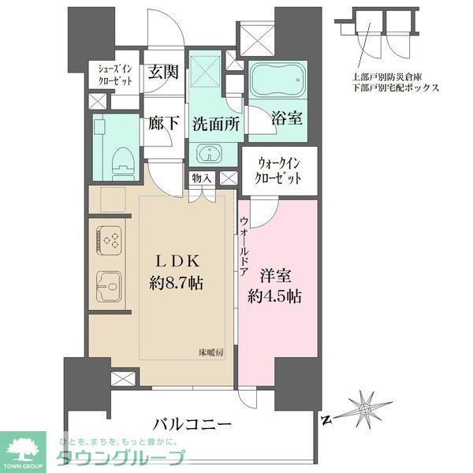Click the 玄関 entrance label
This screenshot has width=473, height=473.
[164, 71]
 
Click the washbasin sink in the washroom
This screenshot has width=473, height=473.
[209, 153]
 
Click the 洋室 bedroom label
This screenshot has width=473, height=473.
[276, 276]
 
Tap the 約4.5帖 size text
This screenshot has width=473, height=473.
[276, 297]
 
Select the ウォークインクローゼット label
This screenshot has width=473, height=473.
[278, 171]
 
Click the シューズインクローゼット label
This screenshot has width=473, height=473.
[114, 74]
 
